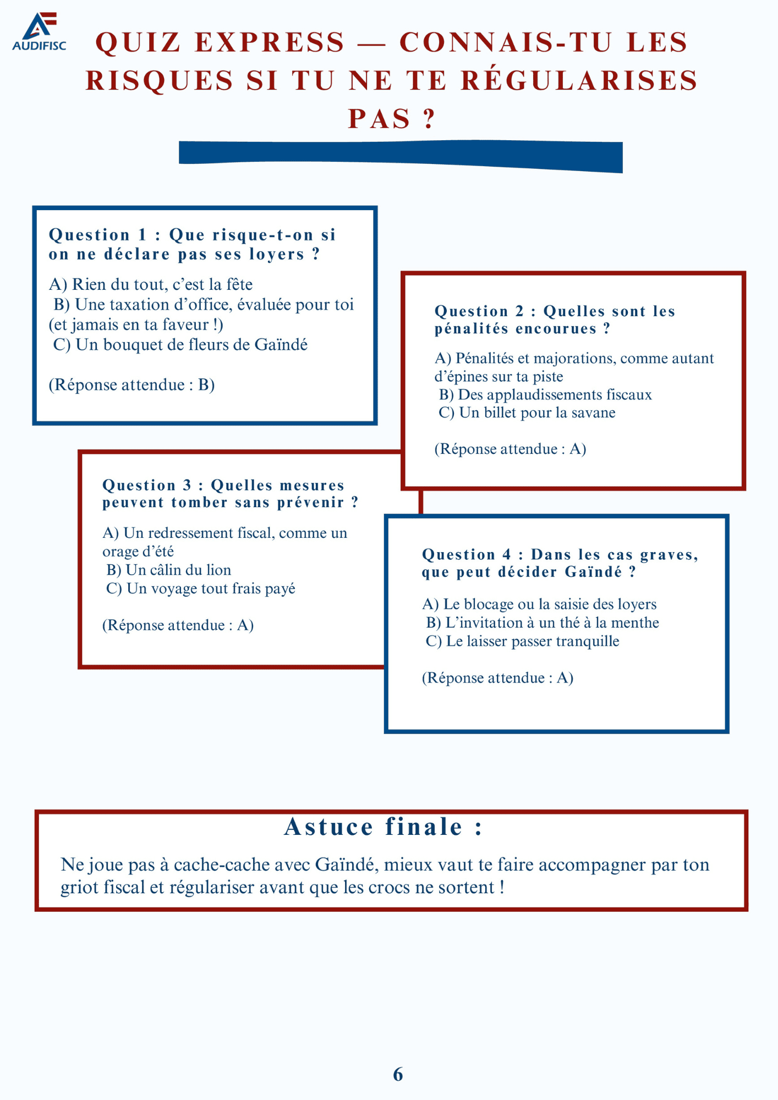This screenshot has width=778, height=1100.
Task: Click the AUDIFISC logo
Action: [39, 32]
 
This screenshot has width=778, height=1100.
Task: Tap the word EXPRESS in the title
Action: [270, 43]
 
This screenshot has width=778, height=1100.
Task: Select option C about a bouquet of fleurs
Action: [180, 345]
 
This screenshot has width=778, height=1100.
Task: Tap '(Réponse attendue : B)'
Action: [132, 384]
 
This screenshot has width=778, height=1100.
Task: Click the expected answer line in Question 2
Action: [510, 449]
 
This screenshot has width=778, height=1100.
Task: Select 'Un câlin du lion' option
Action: [168, 570]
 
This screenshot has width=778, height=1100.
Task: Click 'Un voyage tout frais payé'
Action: [201, 588]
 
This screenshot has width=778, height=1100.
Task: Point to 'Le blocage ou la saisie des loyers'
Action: [539, 604]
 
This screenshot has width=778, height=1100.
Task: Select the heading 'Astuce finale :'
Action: [383, 827]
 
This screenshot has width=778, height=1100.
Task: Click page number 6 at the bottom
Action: [398, 1074]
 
